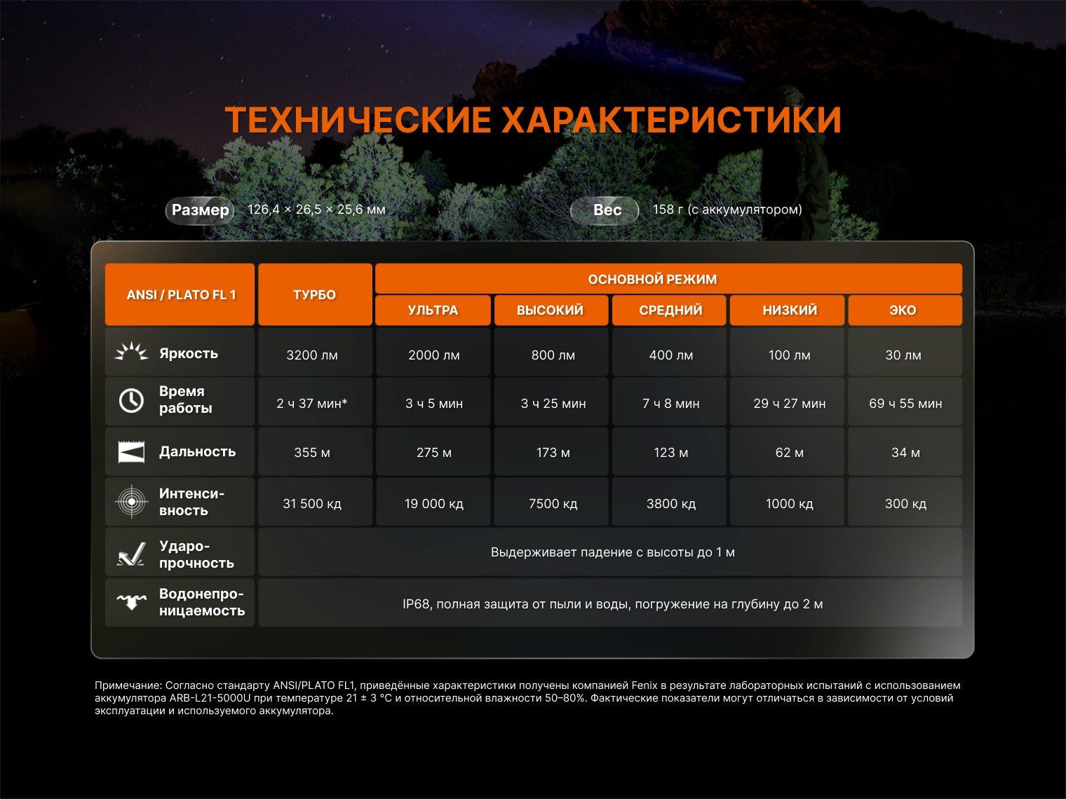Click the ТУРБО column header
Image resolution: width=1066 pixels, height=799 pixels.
315,294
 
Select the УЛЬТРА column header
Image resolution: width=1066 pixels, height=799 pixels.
433,310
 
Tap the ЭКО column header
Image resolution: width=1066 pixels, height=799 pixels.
905,310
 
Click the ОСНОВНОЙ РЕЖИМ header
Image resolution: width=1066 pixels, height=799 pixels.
668,279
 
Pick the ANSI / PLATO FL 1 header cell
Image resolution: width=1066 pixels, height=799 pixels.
180,294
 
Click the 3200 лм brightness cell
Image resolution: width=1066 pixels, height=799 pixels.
315,353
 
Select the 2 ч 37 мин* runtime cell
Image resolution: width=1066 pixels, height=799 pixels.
315,402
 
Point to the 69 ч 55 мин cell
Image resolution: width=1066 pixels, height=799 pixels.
905,402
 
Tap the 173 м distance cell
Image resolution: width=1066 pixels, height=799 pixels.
551,451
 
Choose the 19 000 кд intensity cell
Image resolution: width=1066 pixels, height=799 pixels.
433,502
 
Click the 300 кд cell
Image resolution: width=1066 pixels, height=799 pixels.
905,502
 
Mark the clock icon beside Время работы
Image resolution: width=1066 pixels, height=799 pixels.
131,401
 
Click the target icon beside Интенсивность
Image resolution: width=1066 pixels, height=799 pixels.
131,501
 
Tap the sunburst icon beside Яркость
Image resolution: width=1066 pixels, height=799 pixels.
131,351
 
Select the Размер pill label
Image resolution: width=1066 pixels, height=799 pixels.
200,210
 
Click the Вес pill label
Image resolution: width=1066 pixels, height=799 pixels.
605,210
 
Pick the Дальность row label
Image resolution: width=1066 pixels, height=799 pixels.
197,451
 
